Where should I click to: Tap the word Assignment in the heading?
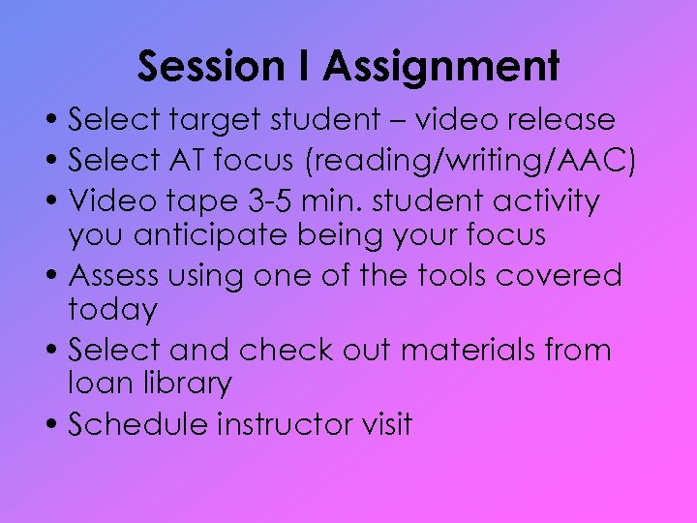click(x=441, y=67)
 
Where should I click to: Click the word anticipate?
click(x=215, y=235)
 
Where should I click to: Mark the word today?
click(x=112, y=310)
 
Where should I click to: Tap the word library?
click(x=184, y=384)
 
